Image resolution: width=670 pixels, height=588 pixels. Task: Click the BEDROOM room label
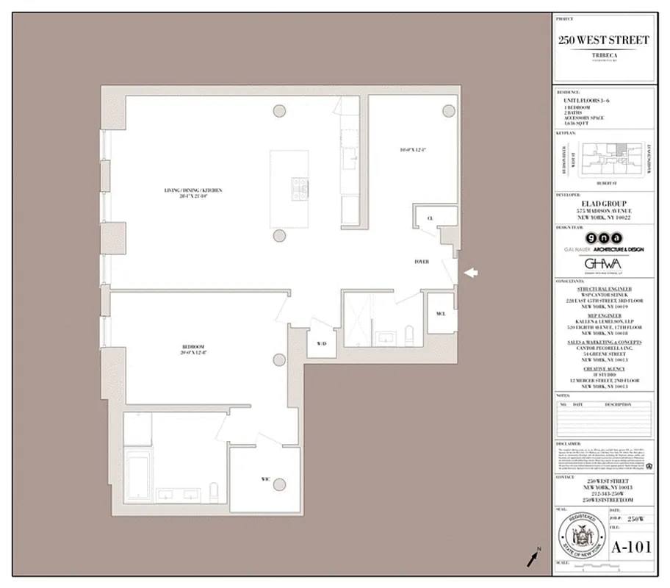[x=193, y=347]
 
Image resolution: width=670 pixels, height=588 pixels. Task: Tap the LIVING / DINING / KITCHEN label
[x=193, y=191]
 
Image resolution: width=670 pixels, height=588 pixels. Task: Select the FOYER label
[x=421, y=261]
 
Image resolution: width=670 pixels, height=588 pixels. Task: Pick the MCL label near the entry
[x=441, y=314]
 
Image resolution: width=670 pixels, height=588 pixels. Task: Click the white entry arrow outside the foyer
[x=471, y=273]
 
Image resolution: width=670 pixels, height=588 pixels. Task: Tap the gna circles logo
[x=603, y=238]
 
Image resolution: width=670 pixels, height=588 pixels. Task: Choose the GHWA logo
[x=603, y=264]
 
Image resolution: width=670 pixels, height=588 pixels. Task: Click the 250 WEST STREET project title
[x=603, y=40]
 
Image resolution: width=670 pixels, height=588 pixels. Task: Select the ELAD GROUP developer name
[x=603, y=203]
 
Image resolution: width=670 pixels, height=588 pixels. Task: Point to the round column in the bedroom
[x=279, y=360]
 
